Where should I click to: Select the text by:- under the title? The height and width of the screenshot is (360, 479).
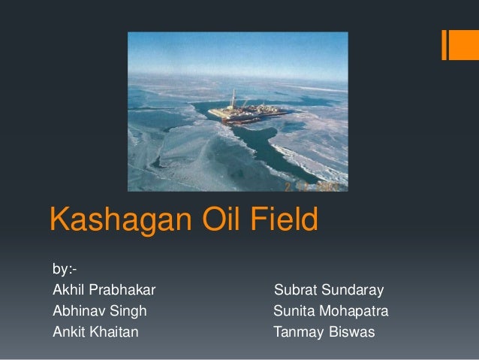[x=64, y=269]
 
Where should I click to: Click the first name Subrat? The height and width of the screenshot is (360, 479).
[x=294, y=290]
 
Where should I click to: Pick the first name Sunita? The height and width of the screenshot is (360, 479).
[x=294, y=310]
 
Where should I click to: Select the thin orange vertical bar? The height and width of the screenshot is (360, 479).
[x=444, y=44]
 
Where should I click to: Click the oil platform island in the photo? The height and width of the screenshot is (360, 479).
[x=249, y=110]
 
